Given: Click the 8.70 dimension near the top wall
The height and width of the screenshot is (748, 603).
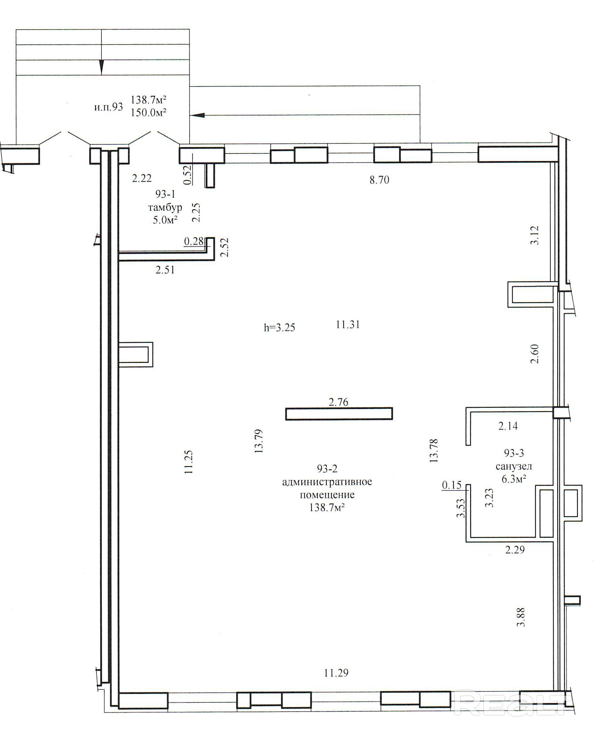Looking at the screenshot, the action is pos(379,180).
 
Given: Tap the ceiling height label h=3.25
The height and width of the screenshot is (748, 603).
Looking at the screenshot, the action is pos(280,327).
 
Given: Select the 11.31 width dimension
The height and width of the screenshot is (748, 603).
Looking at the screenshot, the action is pos(348,325).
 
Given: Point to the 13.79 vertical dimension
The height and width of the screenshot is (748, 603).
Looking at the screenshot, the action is pos(259,441).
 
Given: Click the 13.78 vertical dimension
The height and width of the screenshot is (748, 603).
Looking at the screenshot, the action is pos(434,450).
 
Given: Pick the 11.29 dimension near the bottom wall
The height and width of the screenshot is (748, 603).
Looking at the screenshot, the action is pos(336,673).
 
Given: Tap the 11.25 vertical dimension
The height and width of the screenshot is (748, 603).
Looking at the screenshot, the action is pos(189,462).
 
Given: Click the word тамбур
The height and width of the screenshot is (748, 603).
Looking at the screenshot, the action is pos(165,208).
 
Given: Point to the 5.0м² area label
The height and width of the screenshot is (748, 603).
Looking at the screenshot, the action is pos(165,220).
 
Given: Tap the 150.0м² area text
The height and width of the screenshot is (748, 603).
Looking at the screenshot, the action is pos(148,113).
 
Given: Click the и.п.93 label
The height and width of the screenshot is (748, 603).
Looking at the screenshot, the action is pos(109,107).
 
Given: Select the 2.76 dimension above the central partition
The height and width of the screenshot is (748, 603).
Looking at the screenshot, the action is pos(338,402).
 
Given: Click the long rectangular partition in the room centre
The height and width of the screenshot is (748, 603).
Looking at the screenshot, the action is pos(339,414).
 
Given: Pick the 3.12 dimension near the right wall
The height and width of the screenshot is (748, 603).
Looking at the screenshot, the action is pos(535,235).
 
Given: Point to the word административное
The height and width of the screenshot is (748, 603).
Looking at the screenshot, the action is pos(327,482).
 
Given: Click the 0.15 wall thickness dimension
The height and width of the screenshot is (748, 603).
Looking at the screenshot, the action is pos(451,485).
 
